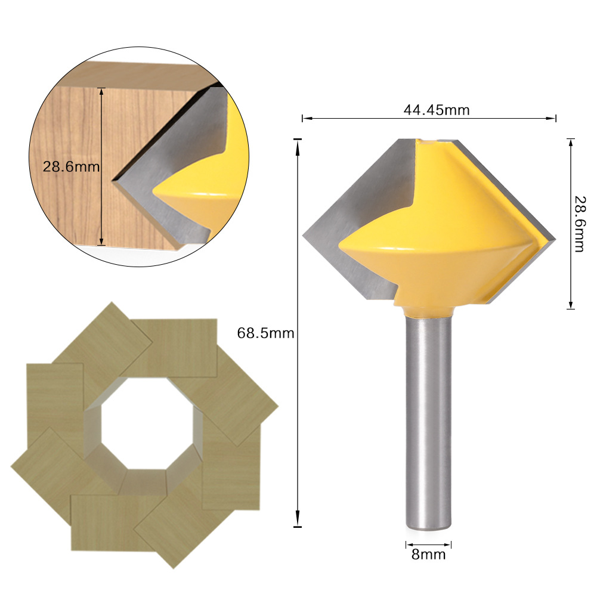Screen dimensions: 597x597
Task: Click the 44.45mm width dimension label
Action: click(x=428, y=110)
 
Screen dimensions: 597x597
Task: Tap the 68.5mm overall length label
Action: click(x=266, y=333)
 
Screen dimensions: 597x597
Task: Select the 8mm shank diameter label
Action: click(x=428, y=555)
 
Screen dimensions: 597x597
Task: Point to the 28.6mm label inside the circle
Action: click(x=70, y=166)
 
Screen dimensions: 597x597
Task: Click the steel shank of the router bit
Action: click(x=429, y=417)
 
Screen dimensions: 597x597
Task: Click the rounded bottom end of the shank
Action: click(x=429, y=528)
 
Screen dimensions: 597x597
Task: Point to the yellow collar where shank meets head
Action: click(x=429, y=310)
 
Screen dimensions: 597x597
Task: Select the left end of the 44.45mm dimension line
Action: click(x=303, y=119)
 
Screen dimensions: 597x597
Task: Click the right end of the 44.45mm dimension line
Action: click(x=555, y=119)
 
